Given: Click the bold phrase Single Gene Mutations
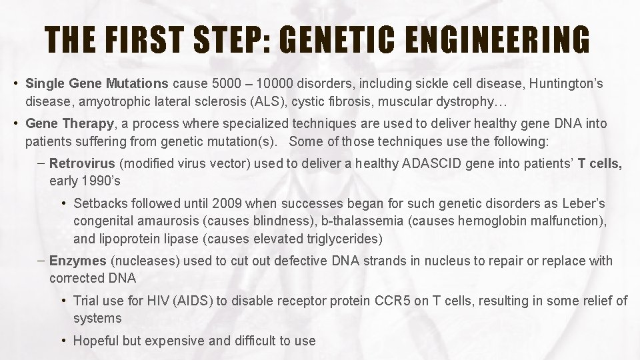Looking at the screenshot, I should click(x=97, y=84).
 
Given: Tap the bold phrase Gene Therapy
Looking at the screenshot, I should click(x=70, y=123).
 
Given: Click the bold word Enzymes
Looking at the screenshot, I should click(x=78, y=261).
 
